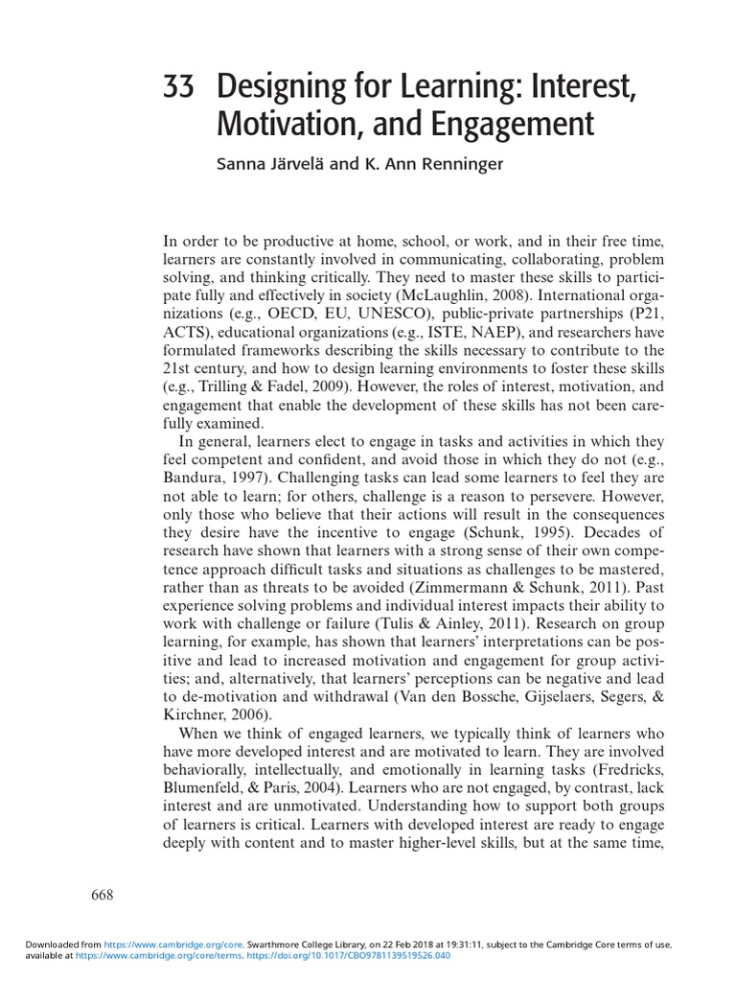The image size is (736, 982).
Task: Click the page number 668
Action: tap(103, 896)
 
